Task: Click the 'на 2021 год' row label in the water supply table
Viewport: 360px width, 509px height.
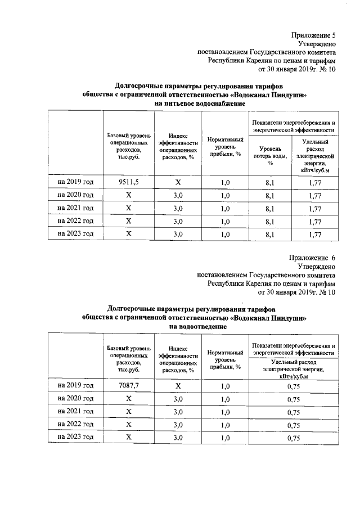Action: click(x=75, y=208)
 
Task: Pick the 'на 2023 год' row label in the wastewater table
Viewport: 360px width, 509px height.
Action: click(x=75, y=436)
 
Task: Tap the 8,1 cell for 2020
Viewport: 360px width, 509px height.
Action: click(x=270, y=196)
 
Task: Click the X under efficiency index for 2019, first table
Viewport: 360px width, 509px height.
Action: click(x=178, y=183)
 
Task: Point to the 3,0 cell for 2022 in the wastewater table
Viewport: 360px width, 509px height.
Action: click(x=178, y=425)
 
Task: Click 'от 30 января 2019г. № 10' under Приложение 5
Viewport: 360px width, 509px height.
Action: click(x=296, y=70)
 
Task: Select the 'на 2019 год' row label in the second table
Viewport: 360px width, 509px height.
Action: click(x=75, y=386)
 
